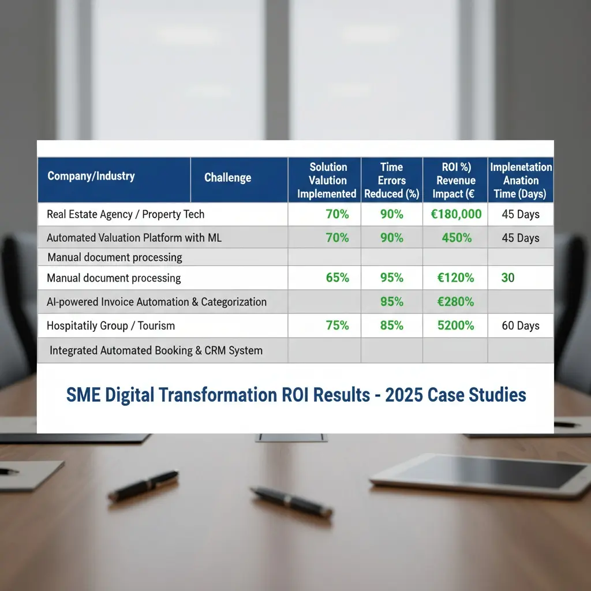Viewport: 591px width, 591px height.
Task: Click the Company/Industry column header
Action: [x=91, y=176]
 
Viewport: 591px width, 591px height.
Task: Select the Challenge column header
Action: [x=227, y=178]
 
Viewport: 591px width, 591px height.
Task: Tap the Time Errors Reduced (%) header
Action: [x=391, y=180]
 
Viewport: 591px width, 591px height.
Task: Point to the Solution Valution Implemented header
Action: [x=327, y=180]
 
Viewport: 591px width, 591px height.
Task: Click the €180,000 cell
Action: [x=456, y=214]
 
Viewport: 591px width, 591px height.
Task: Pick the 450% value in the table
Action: [x=457, y=238]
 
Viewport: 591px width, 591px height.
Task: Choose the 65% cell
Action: [x=337, y=278]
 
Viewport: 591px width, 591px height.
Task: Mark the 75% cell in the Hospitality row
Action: [x=337, y=326]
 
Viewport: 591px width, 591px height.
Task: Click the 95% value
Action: [x=391, y=278]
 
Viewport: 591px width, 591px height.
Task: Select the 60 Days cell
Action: [x=520, y=326]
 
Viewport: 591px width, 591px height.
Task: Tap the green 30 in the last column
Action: [x=507, y=278]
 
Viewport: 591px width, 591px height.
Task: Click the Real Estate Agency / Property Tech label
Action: [x=125, y=214]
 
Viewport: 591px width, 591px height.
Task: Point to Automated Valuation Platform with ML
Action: [x=134, y=238]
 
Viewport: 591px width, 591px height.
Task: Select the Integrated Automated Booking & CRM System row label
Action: [x=156, y=350]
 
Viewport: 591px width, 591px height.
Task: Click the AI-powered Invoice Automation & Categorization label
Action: [x=156, y=302]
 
